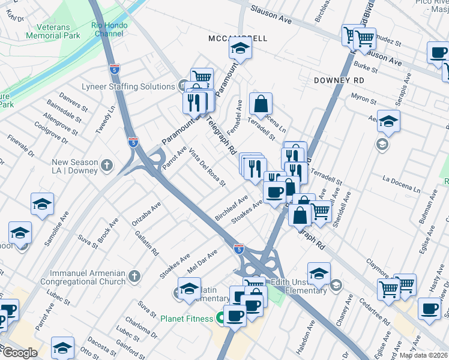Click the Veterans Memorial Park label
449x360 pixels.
(x=53, y=31)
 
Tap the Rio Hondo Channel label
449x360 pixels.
(x=107, y=29)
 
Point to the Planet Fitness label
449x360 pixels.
(x=187, y=319)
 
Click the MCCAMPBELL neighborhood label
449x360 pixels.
(x=238, y=38)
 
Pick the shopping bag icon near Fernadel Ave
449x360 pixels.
(x=261, y=104)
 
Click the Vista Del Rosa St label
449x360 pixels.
(x=207, y=166)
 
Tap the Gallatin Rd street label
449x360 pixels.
(x=146, y=242)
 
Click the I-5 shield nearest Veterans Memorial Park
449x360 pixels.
(x=114, y=69)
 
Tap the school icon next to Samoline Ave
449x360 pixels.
(x=42, y=204)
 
